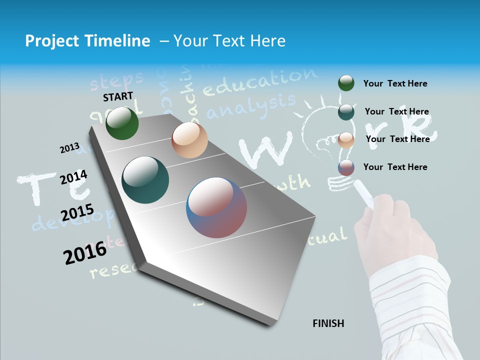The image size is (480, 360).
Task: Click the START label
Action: coord(118,96)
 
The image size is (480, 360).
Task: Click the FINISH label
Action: coord(328,323)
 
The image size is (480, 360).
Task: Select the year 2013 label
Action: coord(69,148)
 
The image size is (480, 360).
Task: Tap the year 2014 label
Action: coord(73,177)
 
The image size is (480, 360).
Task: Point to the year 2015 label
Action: coord(77,213)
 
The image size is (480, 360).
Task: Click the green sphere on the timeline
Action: coord(122,123)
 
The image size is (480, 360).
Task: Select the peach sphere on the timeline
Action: coord(189,140)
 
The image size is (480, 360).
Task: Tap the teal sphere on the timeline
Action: coord(145,180)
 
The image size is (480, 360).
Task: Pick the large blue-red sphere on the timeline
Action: coord(216,207)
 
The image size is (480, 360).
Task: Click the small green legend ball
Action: coord(346,83)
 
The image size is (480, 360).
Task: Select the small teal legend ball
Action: coord(346,112)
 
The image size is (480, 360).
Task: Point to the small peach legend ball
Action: coord(346,139)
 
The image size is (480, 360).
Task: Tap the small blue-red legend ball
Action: coord(346,167)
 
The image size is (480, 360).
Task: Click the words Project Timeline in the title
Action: coord(87,41)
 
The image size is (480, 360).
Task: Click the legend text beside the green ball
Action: coord(395,83)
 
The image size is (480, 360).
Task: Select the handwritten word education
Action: coord(260,82)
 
